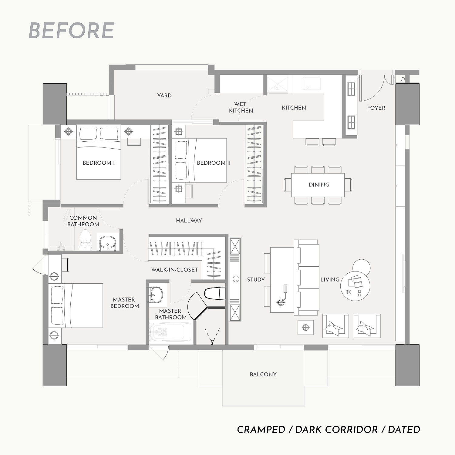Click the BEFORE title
(71, 31)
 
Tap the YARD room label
(164, 96)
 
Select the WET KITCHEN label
(241, 107)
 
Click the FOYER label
(376, 108)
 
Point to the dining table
(318, 185)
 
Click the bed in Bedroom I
(99, 152)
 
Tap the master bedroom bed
(76, 305)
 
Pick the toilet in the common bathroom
(85, 239)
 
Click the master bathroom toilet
(215, 293)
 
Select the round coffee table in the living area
(355, 286)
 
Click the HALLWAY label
(189, 221)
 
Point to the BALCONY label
(263, 374)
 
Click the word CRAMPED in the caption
(261, 430)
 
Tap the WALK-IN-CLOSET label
(175, 270)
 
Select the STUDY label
(256, 280)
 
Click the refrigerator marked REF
(278, 85)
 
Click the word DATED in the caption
(404, 430)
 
